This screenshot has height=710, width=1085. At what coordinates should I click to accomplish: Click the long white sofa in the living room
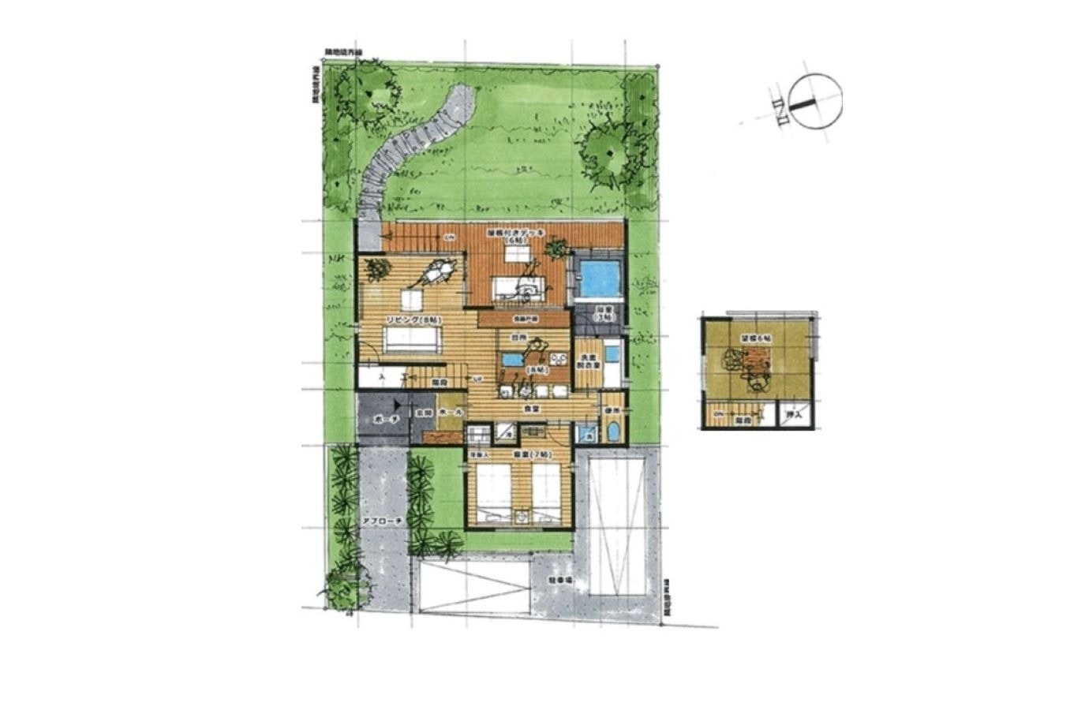coord(411,340)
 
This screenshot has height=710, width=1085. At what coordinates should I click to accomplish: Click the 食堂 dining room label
coord(531,409)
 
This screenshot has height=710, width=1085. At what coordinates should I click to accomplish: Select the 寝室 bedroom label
coord(518,455)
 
